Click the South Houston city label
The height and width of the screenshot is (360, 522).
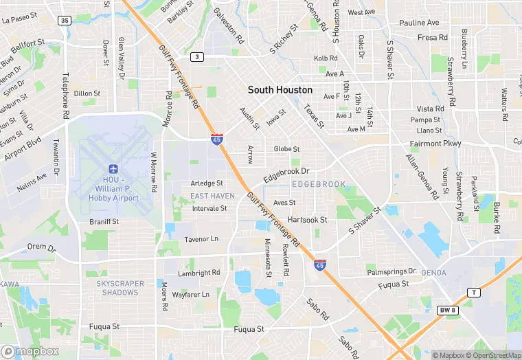[280, 90]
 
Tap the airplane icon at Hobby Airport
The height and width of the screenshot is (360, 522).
[113, 169]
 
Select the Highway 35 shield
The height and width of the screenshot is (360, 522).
[65, 21]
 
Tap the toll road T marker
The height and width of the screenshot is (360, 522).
[473, 292]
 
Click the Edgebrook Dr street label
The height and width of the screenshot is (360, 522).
[287, 171]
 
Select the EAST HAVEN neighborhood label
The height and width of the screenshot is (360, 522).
[212, 196]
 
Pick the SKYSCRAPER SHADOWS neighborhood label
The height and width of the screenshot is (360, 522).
[120, 287]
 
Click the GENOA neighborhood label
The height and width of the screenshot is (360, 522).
[433, 273]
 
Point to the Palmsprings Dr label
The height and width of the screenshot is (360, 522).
[391, 271]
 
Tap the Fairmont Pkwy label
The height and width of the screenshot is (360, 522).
[435, 144]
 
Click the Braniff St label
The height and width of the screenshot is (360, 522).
[104, 222]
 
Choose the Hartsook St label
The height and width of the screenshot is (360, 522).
[308, 220]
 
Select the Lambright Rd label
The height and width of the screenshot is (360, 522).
[199, 273]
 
